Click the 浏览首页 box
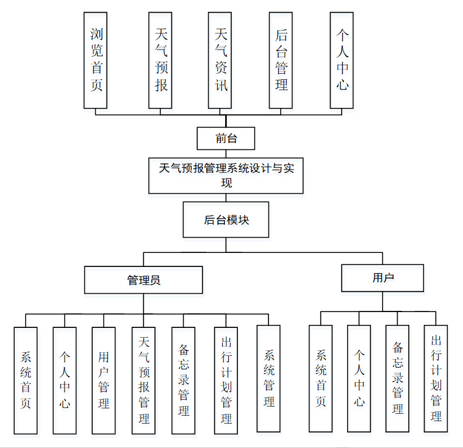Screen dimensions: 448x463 pos(96,60)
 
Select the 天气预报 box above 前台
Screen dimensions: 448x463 pos(161,60)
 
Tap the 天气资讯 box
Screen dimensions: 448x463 pos(221,60)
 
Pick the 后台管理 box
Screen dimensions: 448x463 pos(281,60)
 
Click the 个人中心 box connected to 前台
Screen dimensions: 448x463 pos(342,60)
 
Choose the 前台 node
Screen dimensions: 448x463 pos(226,138)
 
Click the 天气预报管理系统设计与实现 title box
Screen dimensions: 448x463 pos(226,176)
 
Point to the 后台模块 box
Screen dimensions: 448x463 pos(226,219)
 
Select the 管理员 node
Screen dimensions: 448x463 pos(143,280)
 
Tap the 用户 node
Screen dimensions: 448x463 pos(382,278)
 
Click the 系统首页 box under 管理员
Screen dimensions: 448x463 pos(26,380)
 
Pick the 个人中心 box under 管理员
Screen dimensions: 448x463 pos(65,380)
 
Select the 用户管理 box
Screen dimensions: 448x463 pos(104,380)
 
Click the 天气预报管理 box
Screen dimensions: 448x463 pos(144,380)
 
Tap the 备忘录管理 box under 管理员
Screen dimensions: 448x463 pos(184,380)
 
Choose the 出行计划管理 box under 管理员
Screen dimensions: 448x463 pos(226,380)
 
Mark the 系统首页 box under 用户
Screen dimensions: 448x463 pos(321,378)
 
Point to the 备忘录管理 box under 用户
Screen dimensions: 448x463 pos(398,378)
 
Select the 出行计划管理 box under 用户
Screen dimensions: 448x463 pos(436,378)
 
